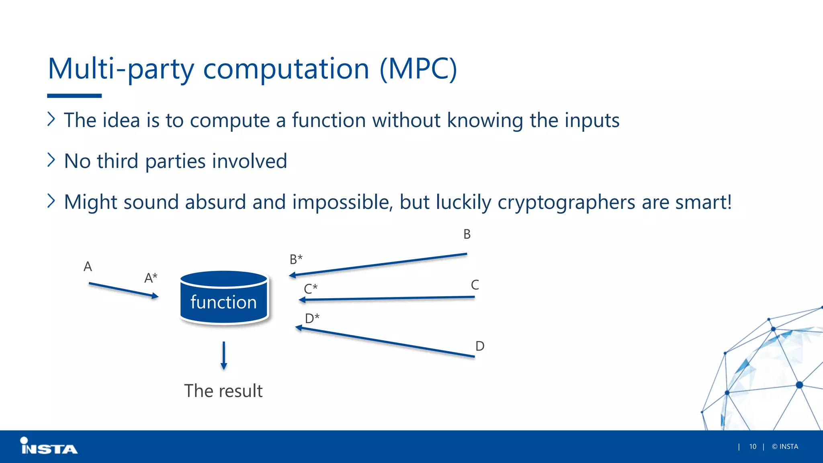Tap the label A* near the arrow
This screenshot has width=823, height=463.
[151, 278]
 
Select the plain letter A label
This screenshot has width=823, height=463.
[88, 266]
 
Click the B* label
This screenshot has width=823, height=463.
[296, 259]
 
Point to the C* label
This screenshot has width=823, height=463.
[311, 289]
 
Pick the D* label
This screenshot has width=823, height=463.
[312, 318]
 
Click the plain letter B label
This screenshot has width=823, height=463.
[467, 234]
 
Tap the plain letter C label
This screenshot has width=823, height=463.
[475, 285]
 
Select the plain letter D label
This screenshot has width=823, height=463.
[480, 346]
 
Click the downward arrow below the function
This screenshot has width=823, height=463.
[224, 355]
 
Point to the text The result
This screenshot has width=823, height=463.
[223, 391]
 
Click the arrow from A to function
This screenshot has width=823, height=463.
[124, 290]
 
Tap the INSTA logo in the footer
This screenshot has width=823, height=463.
[49, 447]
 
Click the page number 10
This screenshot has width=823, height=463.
[753, 447]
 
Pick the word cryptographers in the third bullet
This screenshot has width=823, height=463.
[566, 202]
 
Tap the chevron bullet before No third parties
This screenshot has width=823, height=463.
[51, 160]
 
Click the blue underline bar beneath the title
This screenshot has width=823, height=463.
[74, 96]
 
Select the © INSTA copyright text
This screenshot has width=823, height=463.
[785, 447]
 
